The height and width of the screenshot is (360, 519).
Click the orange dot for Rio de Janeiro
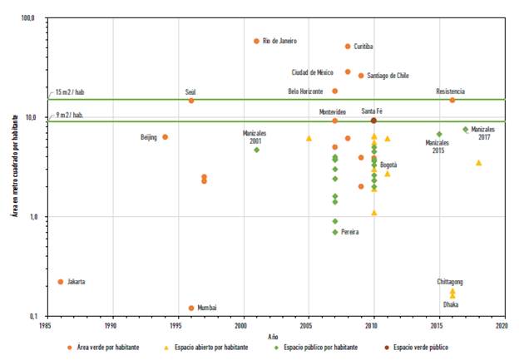coord(256,41)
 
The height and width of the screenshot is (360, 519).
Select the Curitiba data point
coord(348,47)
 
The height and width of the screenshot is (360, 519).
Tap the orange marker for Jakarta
coord(61,282)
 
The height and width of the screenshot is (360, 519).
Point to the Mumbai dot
coord(191,308)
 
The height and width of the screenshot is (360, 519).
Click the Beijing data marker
coord(165,136)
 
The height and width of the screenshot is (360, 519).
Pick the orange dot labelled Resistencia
coord(452,100)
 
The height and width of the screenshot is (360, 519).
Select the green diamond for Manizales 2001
coord(256,150)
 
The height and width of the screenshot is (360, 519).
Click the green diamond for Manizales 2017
coord(466,129)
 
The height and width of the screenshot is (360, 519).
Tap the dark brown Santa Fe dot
coord(373,121)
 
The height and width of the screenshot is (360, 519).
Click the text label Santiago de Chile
coord(388,76)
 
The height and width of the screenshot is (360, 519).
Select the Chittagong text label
coord(450,282)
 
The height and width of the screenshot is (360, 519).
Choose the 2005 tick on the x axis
coord(308,326)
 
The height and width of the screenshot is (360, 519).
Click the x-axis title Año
coord(274,336)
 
